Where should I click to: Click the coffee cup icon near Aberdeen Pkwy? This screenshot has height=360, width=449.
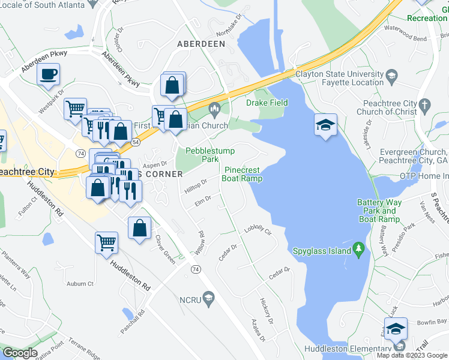point(48,75)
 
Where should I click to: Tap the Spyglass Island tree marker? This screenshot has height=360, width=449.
point(359,248)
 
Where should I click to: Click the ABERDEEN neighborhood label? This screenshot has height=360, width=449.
point(201,44)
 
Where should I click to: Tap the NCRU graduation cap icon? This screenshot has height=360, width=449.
point(209,299)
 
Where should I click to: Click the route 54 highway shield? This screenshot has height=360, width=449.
point(136,142)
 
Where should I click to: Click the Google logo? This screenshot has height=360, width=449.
point(20,353)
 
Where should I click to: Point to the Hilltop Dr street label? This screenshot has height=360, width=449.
point(195,185)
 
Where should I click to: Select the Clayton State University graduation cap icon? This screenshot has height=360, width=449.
point(392,76)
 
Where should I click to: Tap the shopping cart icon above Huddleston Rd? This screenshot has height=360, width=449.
point(106,242)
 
